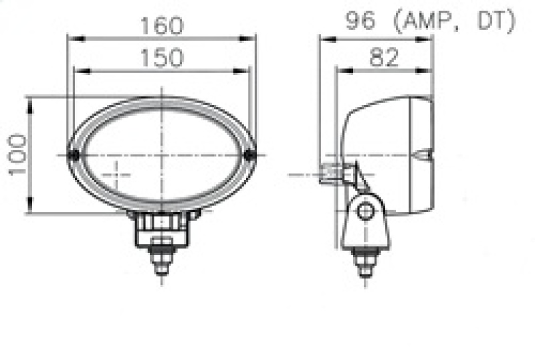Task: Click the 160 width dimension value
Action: coord(161,26)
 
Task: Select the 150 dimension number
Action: coord(161,58)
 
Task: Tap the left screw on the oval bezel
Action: coord(75,155)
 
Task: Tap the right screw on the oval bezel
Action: coord(250,155)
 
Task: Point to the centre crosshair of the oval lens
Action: coord(162,155)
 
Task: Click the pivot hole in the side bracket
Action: coord(364,212)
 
